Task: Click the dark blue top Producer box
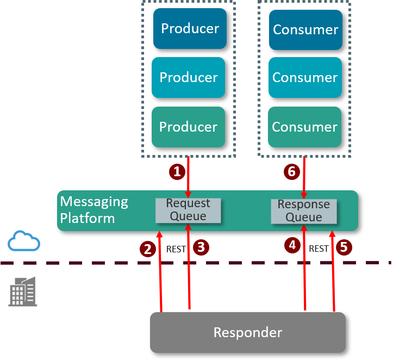(x=190, y=28)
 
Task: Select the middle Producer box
(x=188, y=77)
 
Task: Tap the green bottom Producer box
(x=188, y=127)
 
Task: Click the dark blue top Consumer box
(x=305, y=29)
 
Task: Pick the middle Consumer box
(x=305, y=77)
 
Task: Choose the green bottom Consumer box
(x=304, y=127)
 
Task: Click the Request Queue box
(x=188, y=210)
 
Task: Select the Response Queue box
(x=304, y=211)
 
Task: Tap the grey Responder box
(x=248, y=332)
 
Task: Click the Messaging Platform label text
(x=94, y=210)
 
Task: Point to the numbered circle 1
(x=176, y=172)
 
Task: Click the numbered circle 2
(x=147, y=249)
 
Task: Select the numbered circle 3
(x=201, y=247)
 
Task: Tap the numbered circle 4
(x=292, y=245)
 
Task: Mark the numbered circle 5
(x=344, y=247)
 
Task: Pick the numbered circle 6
(x=291, y=172)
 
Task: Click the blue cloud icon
(x=24, y=241)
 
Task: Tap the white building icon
(x=23, y=291)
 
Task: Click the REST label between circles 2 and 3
(x=176, y=249)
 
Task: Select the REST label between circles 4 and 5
(x=319, y=249)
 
